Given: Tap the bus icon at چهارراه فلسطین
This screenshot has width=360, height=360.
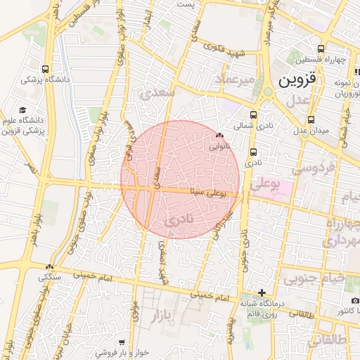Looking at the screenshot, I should point(321,49).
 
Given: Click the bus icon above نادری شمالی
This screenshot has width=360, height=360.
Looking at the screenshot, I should point(253,114).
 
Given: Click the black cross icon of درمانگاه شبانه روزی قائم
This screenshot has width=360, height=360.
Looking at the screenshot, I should point(262,292).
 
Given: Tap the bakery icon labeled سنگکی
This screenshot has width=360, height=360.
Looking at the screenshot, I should point(49,267).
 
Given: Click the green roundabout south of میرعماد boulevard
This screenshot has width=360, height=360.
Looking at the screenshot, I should point(267,92).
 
